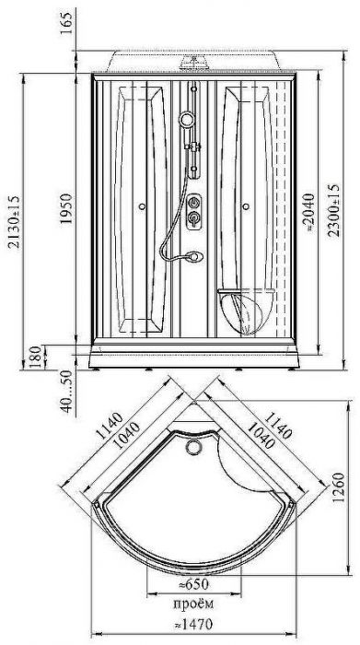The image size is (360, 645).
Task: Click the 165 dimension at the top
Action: pos(65,23)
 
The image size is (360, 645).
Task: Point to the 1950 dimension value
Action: pos(65,208)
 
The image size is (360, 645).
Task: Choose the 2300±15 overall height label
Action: pos(333,210)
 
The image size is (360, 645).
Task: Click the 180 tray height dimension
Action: pos(36,357)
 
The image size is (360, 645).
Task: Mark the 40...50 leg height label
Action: pos(66,392)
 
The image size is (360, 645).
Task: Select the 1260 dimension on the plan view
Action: pos(338,487)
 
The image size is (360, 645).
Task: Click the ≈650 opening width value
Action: pos(193,584)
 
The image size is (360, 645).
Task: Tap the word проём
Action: pos(193,604)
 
